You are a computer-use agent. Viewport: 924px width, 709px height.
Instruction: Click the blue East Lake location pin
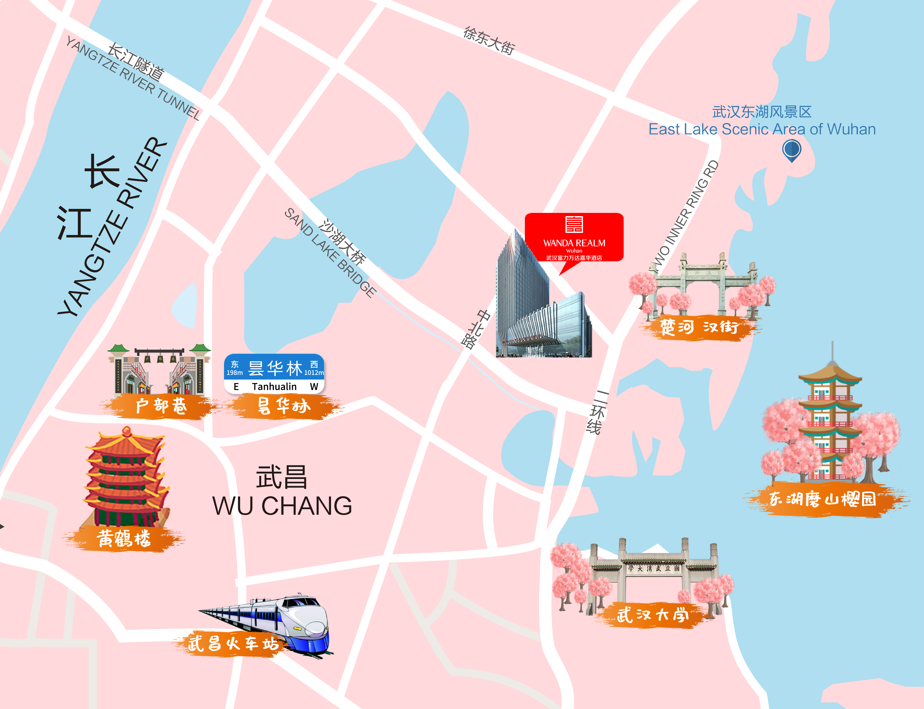[791, 150]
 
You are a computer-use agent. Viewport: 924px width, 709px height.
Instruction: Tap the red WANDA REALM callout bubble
[574, 238]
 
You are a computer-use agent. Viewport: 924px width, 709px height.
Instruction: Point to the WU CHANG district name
[282, 506]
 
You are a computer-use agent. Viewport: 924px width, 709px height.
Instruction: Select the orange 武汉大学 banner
[653, 615]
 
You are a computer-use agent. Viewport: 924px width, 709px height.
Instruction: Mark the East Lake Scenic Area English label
[762, 129]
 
